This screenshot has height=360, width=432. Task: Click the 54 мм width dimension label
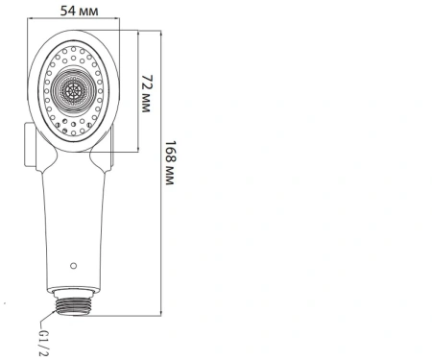point(79,11)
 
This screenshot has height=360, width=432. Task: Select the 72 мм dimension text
point(147,93)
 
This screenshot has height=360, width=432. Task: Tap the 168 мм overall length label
point(170,162)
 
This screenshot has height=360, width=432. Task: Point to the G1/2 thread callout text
point(43,343)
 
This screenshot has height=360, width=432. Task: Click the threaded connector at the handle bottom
point(73,307)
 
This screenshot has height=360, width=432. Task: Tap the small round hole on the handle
point(73,266)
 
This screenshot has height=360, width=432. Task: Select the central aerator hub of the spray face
point(74,91)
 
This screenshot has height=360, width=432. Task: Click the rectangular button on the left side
point(30,145)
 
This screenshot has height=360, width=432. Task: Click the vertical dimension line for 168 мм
point(160,173)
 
